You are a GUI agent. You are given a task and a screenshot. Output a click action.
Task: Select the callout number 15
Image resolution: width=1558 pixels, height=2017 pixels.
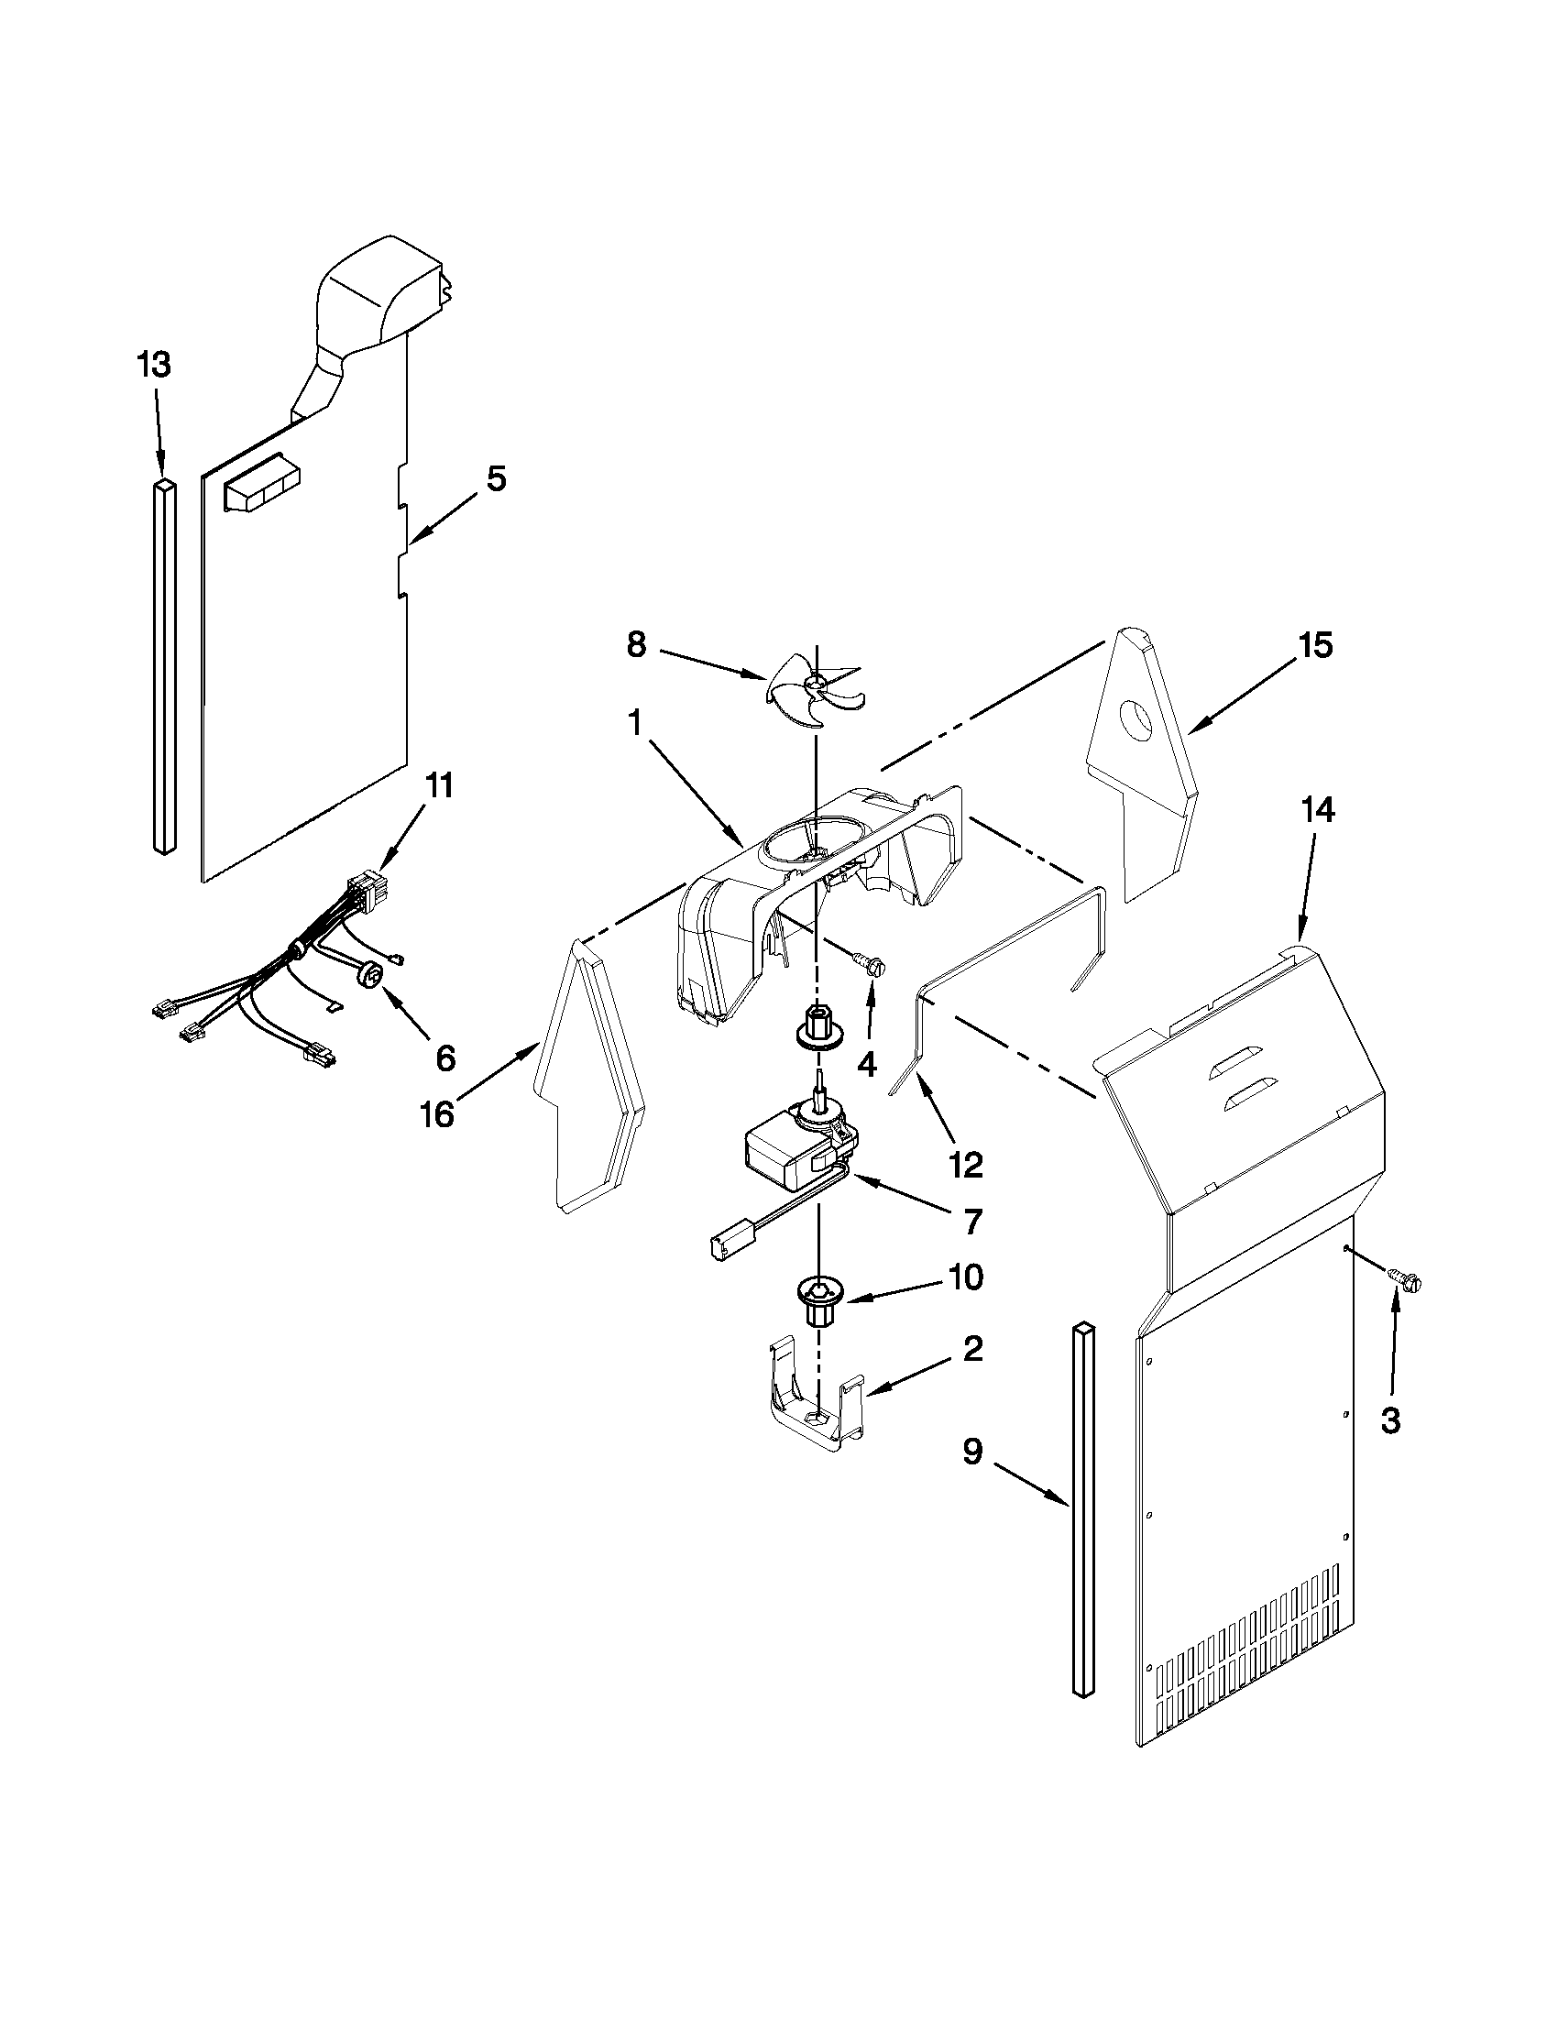pos(1315,645)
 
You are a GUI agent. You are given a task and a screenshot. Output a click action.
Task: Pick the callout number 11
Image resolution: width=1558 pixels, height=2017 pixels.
pos(439,786)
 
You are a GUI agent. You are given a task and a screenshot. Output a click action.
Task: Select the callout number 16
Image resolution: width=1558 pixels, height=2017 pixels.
pos(438,1114)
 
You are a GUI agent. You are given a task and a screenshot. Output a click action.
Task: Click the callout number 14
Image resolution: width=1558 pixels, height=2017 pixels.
pos(1318,810)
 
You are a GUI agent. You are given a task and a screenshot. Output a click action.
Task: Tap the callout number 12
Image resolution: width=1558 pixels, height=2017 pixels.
pos(966,1165)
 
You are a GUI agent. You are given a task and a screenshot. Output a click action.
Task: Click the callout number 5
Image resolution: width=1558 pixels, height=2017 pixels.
pos(496,479)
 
